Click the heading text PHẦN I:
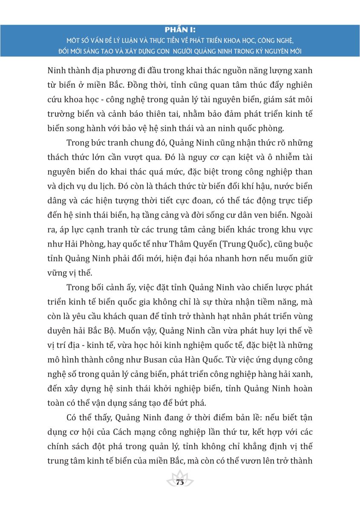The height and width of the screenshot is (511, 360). point(180,30)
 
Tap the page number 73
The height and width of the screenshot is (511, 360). point(180,482)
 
